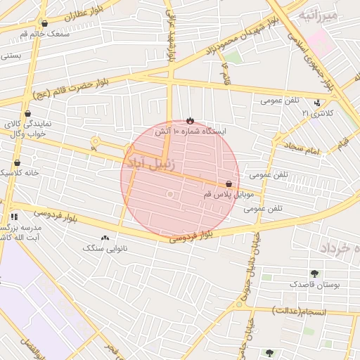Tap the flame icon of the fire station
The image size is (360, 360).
tap(190, 120)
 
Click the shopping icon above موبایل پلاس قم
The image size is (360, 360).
tap(230, 184)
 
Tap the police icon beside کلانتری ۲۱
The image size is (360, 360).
tap(318, 103)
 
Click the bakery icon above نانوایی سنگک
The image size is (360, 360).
tap(105, 238)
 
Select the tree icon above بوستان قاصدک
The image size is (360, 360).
tap(314, 274)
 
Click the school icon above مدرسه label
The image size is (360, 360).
tap(13, 217)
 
